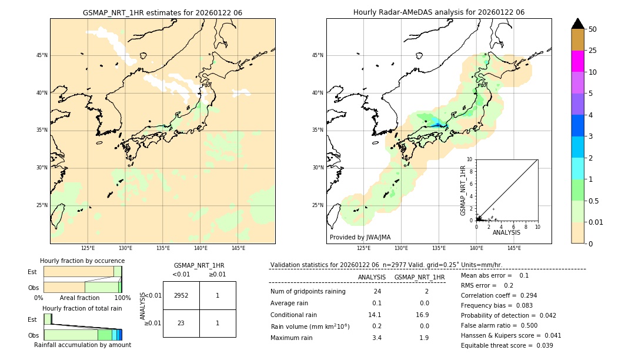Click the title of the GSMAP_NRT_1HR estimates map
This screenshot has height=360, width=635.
162,12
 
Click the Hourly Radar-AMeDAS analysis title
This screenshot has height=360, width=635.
439,12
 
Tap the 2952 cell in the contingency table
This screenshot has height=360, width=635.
181,295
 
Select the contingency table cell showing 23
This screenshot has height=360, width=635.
181,323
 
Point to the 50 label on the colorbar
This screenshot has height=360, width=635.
593,29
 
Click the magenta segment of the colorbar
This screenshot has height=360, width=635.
577,61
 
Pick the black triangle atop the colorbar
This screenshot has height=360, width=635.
577,24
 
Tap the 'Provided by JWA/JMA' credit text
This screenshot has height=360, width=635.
360,238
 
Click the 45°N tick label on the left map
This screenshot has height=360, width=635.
42,55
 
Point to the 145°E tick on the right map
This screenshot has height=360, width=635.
514,248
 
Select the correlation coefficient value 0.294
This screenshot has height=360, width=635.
524,296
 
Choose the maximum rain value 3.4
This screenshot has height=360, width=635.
377,338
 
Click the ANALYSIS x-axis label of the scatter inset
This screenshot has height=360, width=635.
506,232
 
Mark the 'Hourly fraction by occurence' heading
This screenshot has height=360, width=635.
82,261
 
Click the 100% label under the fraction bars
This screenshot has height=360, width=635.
122,298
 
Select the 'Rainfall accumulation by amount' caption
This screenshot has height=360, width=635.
82,345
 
